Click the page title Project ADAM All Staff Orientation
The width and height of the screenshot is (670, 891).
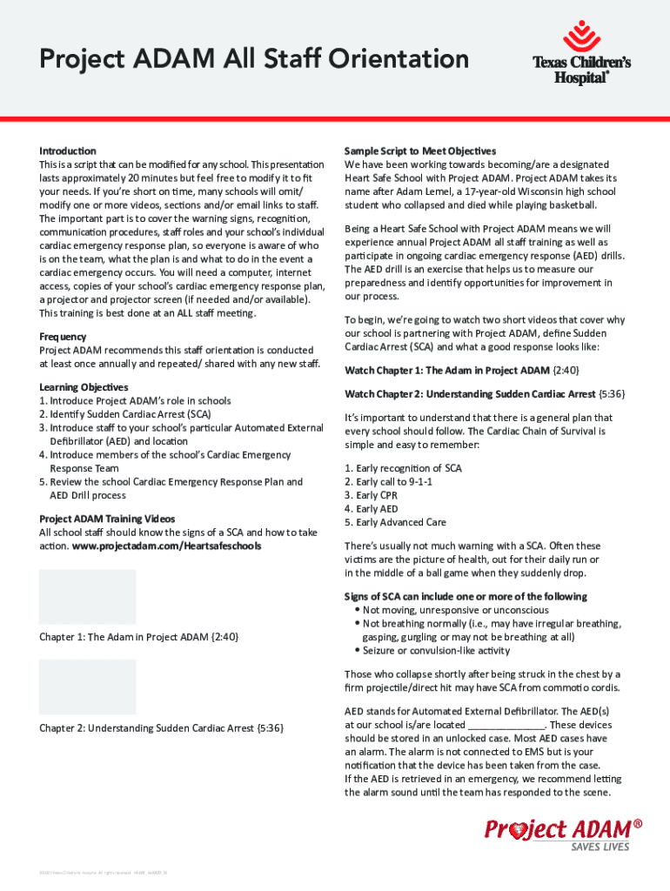click(253, 60)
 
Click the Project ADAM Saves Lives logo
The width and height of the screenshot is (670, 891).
click(565, 834)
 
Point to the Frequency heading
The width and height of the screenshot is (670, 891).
click(63, 336)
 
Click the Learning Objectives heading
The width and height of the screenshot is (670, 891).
click(84, 387)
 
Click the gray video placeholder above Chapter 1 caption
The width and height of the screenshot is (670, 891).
click(87, 597)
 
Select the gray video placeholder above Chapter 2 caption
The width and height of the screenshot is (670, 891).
click(87, 687)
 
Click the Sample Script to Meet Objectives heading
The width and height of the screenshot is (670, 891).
click(420, 151)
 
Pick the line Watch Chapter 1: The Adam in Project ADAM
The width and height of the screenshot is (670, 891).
click(459, 370)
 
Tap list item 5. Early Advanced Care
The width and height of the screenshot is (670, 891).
click(395, 522)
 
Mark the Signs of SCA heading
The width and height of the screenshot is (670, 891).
click(466, 596)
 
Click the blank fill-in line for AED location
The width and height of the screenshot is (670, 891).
click(506, 725)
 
